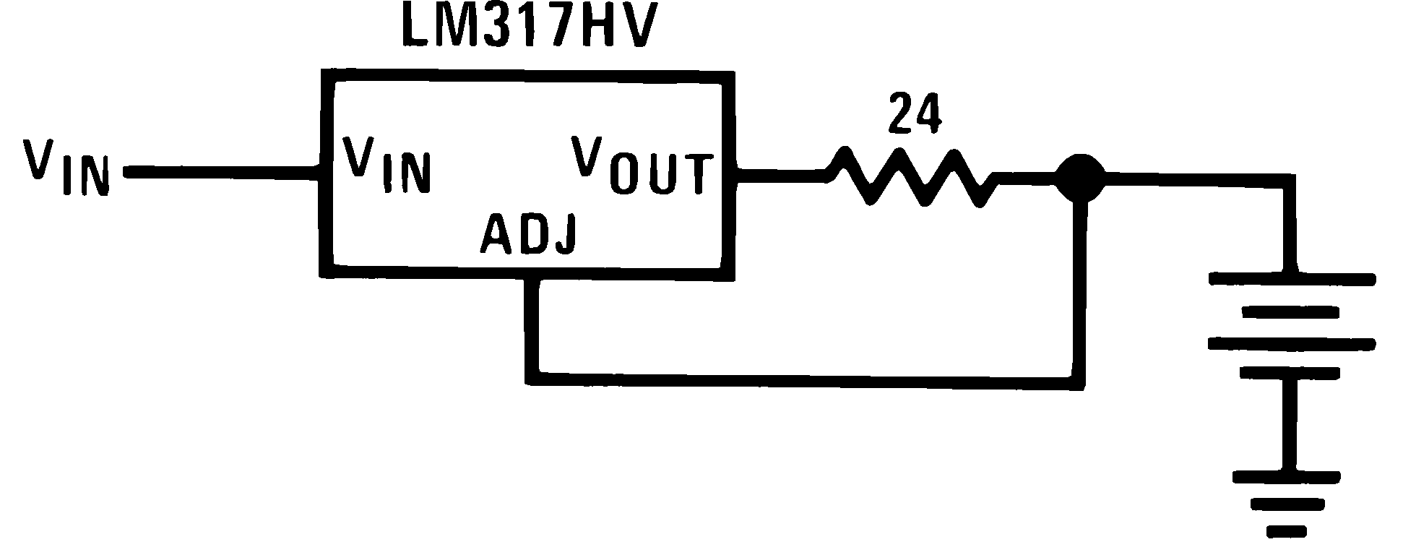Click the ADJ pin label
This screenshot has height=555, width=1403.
pos(528,233)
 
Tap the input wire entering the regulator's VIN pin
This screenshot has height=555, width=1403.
pos(224,172)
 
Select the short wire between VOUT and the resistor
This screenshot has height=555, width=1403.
pos(780,173)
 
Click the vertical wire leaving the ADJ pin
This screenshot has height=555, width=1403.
pos(532,325)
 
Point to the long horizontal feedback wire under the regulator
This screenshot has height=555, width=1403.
pos(802,380)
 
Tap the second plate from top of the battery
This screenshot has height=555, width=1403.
pos(1290,312)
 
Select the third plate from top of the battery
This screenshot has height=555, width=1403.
pos(1290,343)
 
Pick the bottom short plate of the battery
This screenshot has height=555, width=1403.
pos(1290,373)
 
